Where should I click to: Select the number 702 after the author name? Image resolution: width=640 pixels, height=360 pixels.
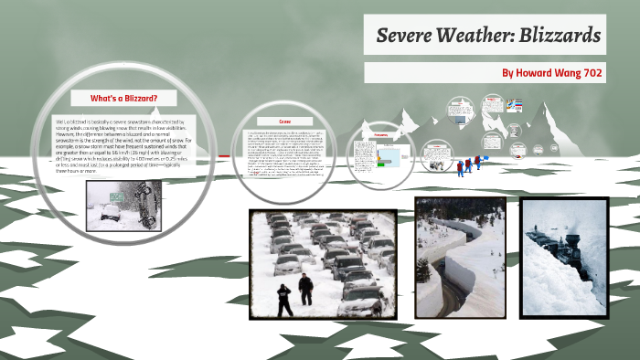[x=590, y=72]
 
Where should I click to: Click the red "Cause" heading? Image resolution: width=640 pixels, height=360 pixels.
[x=284, y=121]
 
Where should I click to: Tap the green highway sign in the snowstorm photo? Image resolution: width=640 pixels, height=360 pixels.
[x=117, y=194]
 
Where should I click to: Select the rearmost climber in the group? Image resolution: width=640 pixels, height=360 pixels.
[x=461, y=169]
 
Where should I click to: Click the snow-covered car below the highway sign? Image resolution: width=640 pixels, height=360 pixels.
[x=109, y=213]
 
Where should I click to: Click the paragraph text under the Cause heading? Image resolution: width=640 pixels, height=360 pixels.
[x=284, y=151]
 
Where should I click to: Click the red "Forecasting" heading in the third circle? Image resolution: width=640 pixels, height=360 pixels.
[x=381, y=133]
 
